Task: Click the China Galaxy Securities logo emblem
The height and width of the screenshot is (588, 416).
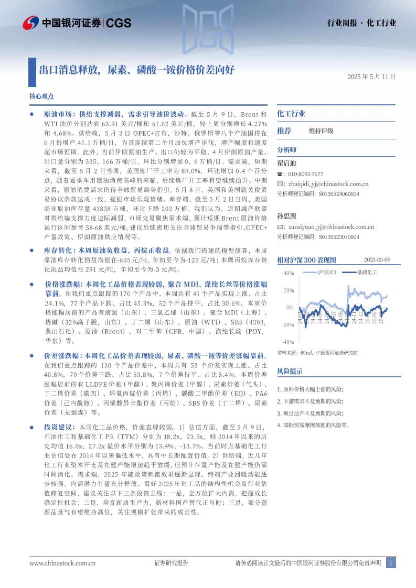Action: (31, 23)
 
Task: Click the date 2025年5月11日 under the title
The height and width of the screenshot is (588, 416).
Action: (371, 76)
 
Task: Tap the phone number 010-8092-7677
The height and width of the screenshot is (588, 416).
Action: (304, 174)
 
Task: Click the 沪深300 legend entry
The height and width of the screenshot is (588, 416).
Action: (326, 273)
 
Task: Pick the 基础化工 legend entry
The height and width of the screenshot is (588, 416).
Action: (367, 273)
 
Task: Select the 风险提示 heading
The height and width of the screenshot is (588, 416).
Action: (290, 371)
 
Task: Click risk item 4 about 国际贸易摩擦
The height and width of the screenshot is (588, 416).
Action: (313, 425)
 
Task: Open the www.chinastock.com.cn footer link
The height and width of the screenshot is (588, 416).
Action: (62, 563)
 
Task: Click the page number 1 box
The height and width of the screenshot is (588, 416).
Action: (390, 563)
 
